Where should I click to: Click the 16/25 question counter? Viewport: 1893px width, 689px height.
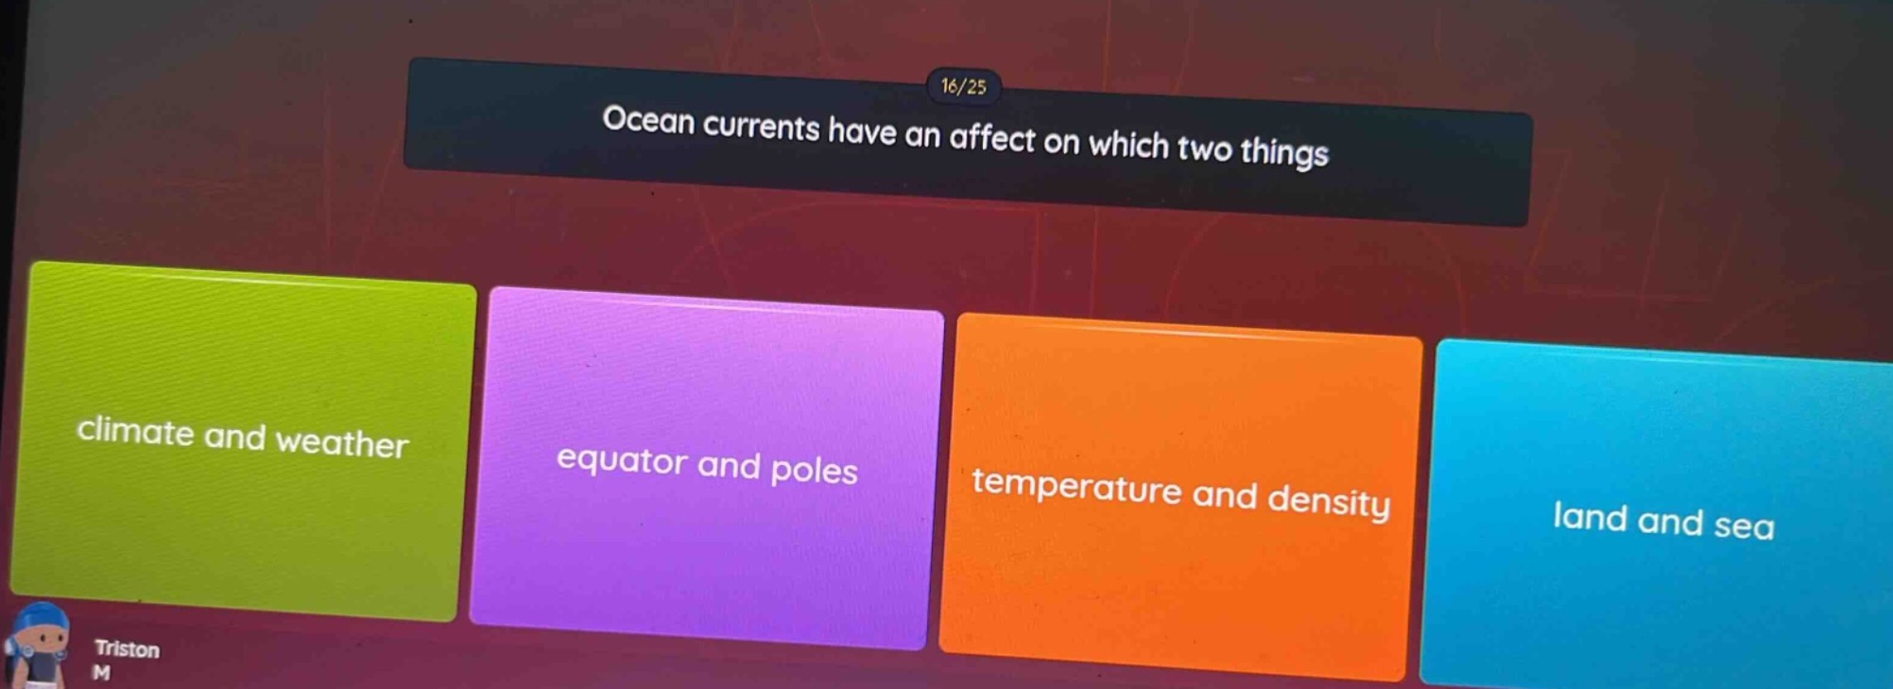[963, 87]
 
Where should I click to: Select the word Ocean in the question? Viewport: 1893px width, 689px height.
[647, 121]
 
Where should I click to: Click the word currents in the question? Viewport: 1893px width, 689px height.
[761, 127]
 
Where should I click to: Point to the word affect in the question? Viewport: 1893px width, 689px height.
[992, 138]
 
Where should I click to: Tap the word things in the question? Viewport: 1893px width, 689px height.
[1284, 151]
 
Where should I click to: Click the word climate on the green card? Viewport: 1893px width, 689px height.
[135, 431]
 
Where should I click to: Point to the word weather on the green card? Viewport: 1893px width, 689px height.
[342, 443]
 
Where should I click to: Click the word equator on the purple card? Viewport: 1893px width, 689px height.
[621, 460]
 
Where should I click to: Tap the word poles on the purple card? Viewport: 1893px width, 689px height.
[814, 471]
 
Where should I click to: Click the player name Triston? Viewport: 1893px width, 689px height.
[127, 649]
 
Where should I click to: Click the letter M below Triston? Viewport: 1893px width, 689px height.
[101, 673]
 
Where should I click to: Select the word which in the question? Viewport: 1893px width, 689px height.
[1128, 145]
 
